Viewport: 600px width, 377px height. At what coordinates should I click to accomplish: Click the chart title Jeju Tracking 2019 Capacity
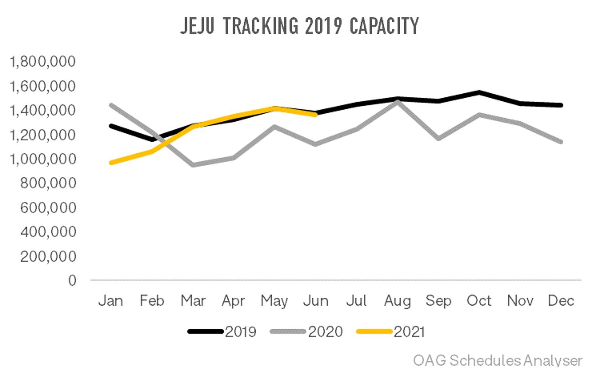[x=300, y=26]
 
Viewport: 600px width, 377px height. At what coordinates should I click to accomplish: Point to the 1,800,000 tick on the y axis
[x=43, y=61]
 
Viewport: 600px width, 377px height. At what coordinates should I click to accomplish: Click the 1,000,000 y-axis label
[x=43, y=159]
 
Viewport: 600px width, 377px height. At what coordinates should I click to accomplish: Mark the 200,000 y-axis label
[x=48, y=256]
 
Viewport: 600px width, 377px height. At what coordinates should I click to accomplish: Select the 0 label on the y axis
[x=72, y=280]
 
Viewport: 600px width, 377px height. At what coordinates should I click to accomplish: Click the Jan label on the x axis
[x=111, y=301]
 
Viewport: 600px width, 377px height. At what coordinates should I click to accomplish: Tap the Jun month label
[x=316, y=301]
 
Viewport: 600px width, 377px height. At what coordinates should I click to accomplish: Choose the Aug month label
[x=397, y=301]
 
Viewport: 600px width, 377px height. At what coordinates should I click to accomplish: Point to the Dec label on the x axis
[x=561, y=301]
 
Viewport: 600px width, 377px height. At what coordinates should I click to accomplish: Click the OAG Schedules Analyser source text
[x=498, y=360]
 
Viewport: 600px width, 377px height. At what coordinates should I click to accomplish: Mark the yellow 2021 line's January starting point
[x=111, y=163]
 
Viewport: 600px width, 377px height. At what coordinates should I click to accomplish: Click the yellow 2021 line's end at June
[x=315, y=114]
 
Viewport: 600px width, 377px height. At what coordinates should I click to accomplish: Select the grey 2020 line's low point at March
[x=193, y=165]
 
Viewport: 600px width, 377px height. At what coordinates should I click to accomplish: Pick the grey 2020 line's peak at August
[x=397, y=102]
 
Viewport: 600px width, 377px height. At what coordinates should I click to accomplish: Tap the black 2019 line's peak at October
[x=479, y=92]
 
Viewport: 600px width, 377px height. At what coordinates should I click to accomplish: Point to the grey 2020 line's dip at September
[x=438, y=139]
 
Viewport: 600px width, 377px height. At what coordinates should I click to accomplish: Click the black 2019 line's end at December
[x=561, y=105]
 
